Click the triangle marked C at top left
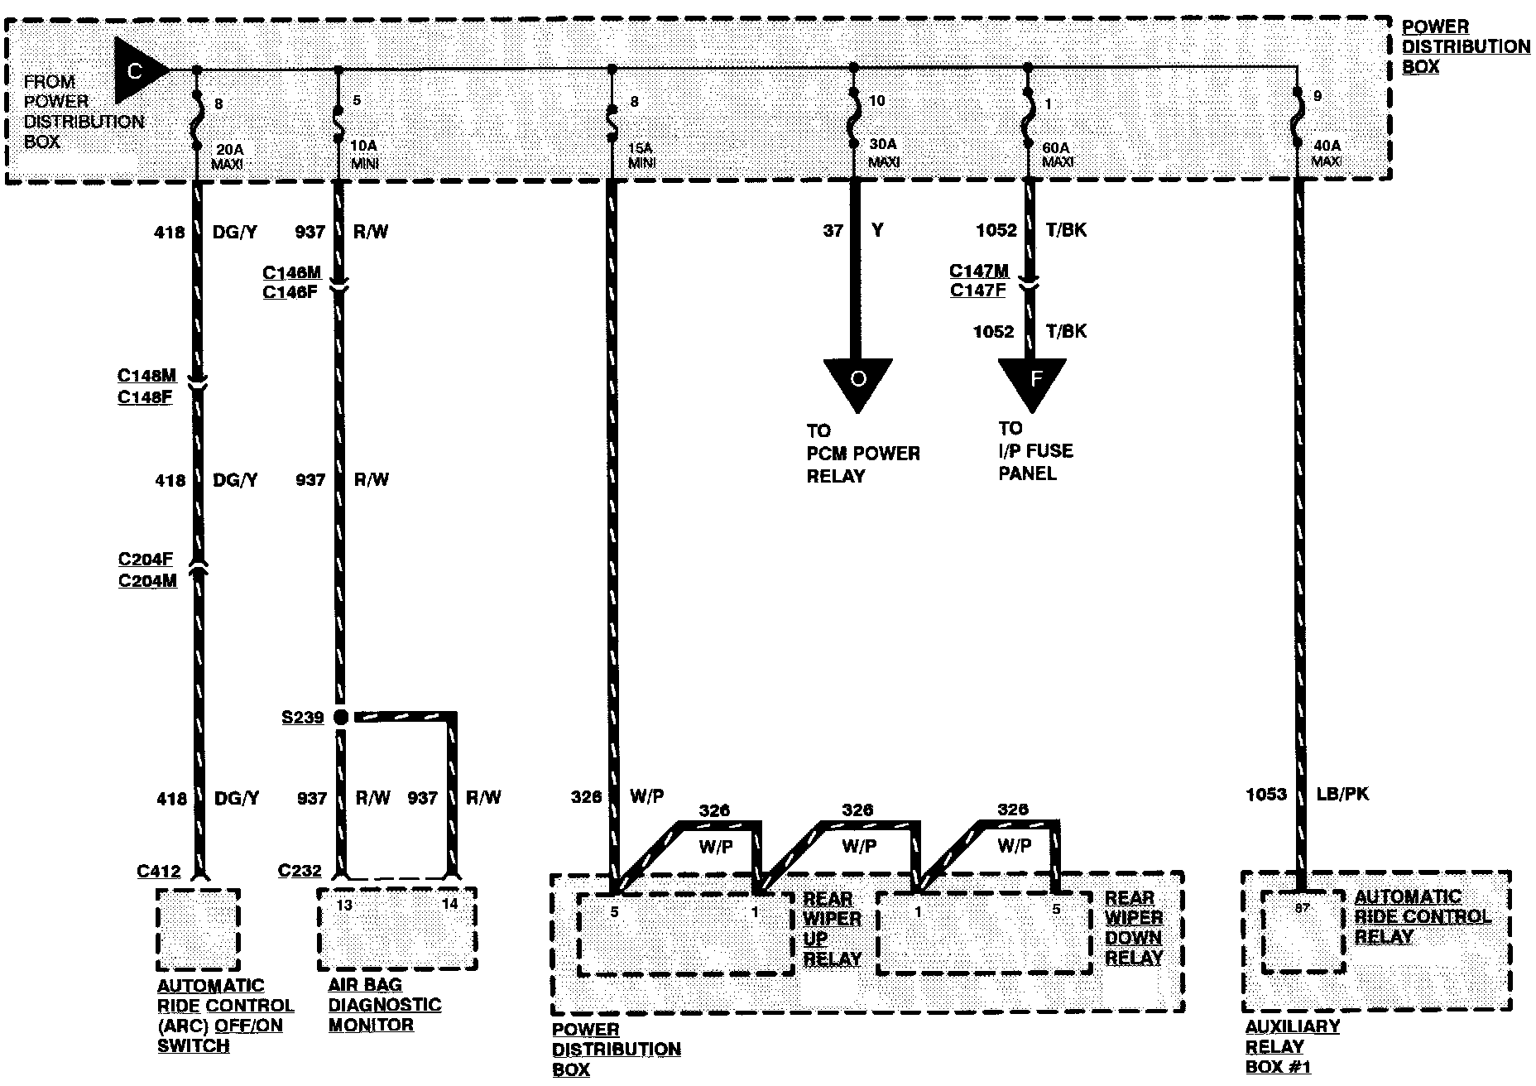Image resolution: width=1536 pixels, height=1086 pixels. [x=137, y=70]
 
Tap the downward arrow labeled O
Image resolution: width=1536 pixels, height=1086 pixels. [x=858, y=380]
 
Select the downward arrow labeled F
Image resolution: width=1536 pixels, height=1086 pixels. [x=1032, y=380]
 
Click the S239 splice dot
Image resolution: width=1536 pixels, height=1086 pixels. [x=340, y=717]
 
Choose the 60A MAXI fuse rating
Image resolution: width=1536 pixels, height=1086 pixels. [x=1057, y=154]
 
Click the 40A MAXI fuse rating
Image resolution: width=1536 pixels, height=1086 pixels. [x=1327, y=153]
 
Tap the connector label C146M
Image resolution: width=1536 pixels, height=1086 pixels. [x=291, y=272]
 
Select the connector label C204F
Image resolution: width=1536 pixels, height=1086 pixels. [x=146, y=560]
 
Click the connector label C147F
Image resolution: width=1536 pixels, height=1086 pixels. [x=977, y=291]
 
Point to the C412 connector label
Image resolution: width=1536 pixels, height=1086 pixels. [x=159, y=871]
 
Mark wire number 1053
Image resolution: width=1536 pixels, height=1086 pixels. [x=1266, y=795]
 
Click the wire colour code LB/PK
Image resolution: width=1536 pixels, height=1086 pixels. [x=1342, y=794]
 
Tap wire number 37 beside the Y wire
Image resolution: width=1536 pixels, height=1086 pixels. [x=833, y=230]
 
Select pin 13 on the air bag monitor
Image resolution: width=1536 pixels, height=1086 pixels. [x=344, y=906]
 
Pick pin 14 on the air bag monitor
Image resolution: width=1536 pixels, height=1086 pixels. [x=449, y=904]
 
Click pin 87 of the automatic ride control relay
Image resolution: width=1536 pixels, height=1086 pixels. [x=1303, y=908]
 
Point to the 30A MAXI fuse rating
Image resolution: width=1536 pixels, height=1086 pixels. [x=883, y=153]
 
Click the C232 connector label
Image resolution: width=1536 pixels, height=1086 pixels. [x=300, y=871]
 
